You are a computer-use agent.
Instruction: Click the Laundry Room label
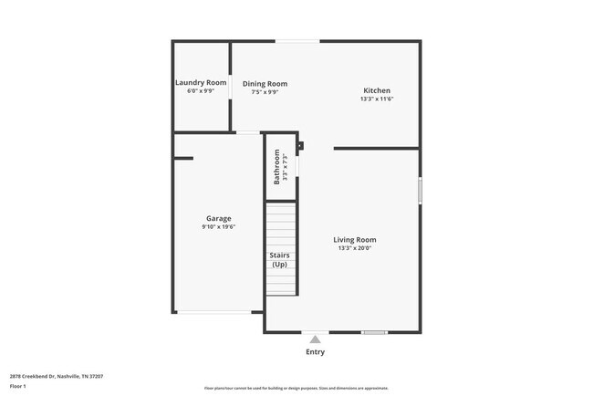201,82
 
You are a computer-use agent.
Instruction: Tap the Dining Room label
265,84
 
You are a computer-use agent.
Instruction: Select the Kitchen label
377,90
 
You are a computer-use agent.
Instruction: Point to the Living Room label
355,240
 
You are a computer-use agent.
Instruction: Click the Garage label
218,218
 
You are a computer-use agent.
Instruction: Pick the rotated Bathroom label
277,167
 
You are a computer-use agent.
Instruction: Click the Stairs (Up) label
280,259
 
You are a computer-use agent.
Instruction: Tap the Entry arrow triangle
315,339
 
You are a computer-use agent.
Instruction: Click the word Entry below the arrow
315,351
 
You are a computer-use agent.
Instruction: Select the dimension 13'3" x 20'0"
355,248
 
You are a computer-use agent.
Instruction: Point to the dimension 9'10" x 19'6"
219,226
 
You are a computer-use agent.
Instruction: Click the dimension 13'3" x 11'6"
377,99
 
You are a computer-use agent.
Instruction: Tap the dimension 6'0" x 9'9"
201,90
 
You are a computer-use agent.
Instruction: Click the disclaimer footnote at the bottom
296,389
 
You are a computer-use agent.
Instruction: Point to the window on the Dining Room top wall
297,40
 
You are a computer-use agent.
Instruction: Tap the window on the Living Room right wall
420,190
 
